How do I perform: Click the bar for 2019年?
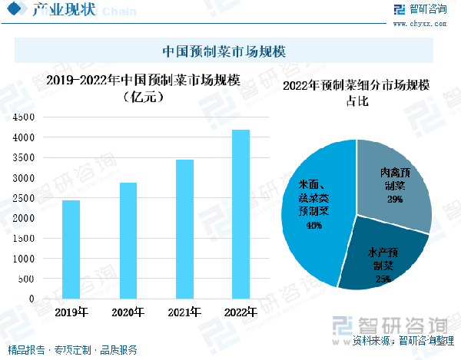[71, 249]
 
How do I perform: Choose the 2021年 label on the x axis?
[184, 312]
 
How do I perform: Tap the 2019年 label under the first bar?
[71, 312]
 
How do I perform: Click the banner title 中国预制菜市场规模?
[225, 51]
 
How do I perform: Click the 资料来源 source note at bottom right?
[399, 340]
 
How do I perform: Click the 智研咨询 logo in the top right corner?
[420, 10]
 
